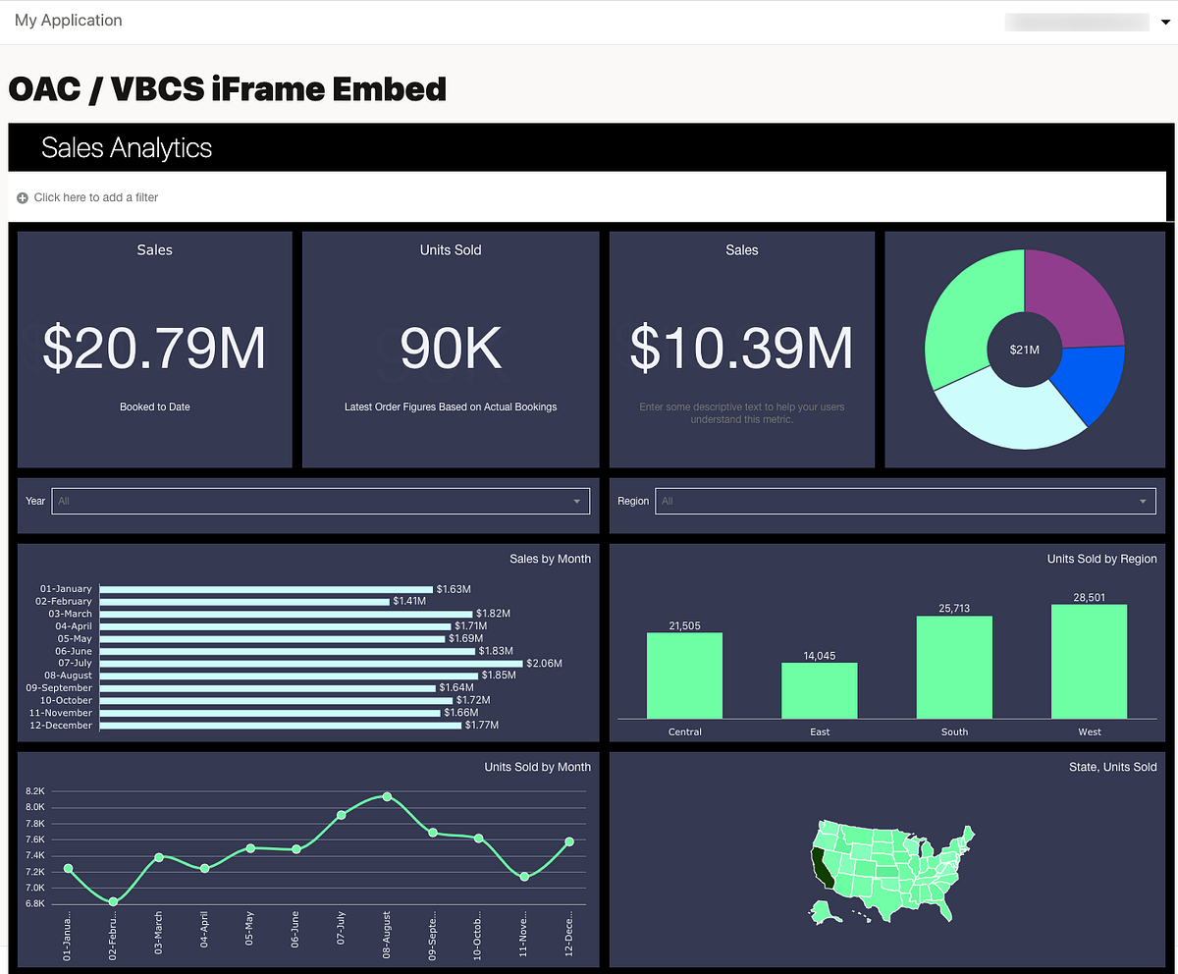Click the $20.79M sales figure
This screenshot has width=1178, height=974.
154,349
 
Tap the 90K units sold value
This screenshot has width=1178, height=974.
451,349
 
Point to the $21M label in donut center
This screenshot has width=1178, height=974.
1024,350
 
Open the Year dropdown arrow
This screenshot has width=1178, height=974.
577,502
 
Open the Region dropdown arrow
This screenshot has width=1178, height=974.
1143,502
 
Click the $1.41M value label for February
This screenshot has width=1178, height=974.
409,601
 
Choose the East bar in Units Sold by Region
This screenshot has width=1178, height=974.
820,690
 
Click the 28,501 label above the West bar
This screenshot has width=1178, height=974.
1089,597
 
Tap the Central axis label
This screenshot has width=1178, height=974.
685,731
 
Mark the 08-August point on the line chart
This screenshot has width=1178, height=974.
387,796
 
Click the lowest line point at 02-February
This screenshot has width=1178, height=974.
114,901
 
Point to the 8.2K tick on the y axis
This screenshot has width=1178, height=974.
35,791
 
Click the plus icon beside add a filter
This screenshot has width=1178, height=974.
23,198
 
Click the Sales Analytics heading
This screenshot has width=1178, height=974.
127,148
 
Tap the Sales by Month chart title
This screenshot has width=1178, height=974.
550,559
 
